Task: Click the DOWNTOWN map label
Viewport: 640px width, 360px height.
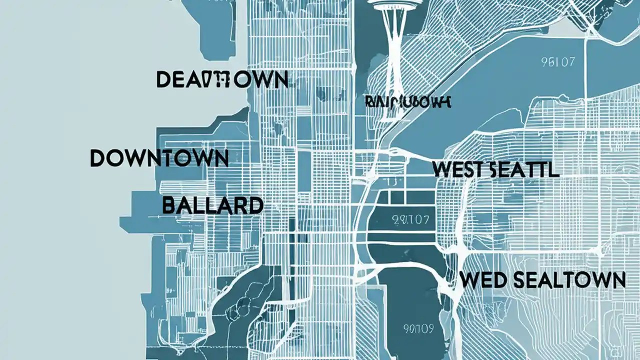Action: [159, 158]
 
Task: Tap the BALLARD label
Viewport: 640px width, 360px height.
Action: [212, 205]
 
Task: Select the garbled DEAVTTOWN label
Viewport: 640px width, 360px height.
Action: [222, 80]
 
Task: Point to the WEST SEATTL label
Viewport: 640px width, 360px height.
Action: [495, 169]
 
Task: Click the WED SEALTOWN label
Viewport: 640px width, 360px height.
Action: [542, 280]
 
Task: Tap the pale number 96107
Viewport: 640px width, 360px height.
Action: [558, 62]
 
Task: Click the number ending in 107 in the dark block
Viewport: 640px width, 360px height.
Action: [398, 218]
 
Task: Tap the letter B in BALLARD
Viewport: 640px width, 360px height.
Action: [170, 205]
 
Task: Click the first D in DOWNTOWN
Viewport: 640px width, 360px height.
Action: [98, 158]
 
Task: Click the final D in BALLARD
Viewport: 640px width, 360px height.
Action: [254, 205]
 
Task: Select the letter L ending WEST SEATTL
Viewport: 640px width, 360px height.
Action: [553, 169]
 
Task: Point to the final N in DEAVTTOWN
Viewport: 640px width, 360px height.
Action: [279, 80]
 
